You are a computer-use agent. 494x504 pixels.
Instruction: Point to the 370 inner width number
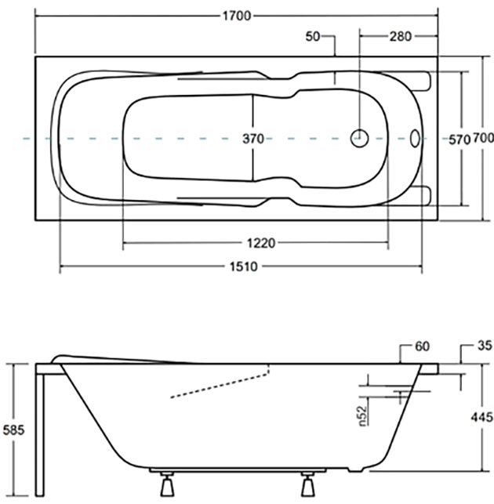point(252,139)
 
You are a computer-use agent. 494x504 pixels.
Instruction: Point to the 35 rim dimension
point(483,346)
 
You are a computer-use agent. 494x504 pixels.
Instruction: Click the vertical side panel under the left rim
point(42,431)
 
